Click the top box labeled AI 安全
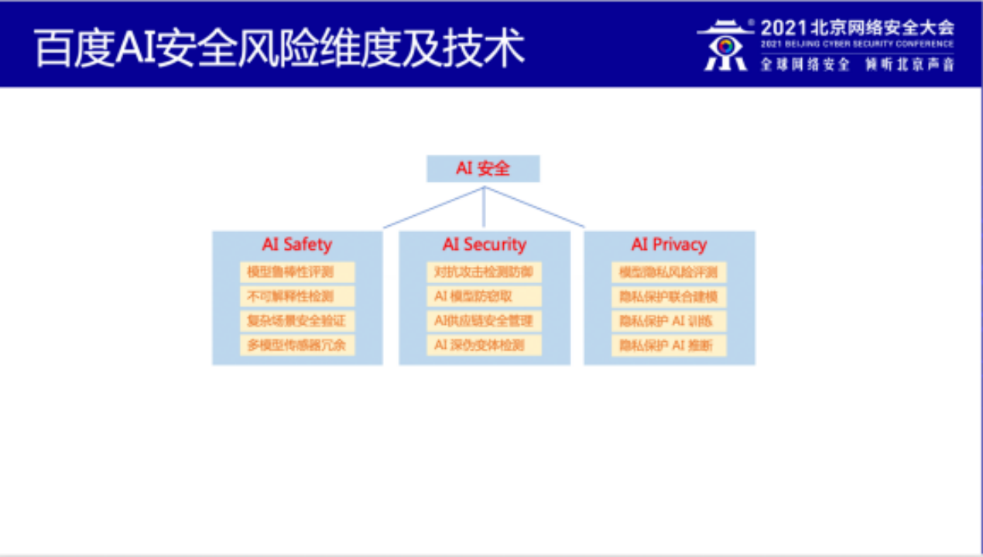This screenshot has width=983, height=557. tap(483, 169)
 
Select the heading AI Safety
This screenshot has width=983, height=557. tap(296, 244)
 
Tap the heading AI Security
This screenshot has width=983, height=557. tap(484, 244)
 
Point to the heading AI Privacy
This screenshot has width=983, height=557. tap(669, 244)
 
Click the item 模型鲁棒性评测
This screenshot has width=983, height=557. tap(297, 272)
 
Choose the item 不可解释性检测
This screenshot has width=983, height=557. tap(297, 296)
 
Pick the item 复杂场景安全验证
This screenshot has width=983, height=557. tap(297, 320)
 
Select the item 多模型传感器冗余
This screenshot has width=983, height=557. tap(297, 345)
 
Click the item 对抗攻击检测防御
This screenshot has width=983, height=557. tap(484, 272)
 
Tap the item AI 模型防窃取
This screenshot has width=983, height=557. tap(484, 296)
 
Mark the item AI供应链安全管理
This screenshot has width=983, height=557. tap(484, 320)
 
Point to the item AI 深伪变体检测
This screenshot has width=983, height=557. tap(484, 345)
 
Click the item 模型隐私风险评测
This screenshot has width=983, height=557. tap(669, 272)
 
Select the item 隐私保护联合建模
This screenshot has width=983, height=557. tap(669, 296)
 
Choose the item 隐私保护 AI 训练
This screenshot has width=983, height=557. tap(669, 320)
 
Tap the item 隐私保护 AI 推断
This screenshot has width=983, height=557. tap(669, 345)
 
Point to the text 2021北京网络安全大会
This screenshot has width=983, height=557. tap(857, 28)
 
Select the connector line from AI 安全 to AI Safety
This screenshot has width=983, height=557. tap(433, 207)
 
